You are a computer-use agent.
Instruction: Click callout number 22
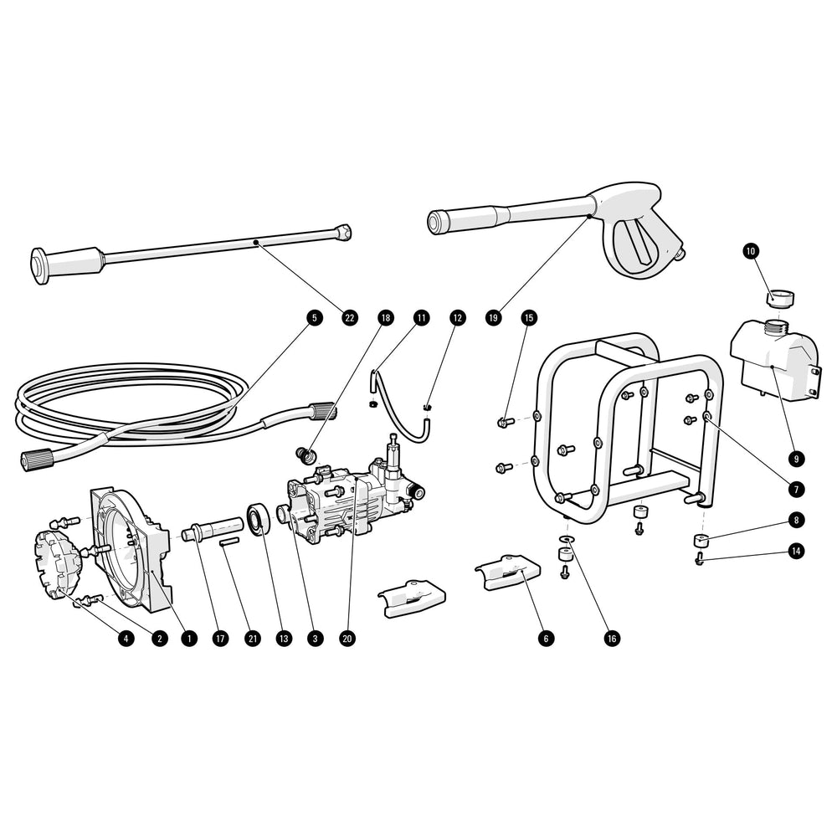tap(350, 318)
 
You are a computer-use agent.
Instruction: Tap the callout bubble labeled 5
tap(313, 318)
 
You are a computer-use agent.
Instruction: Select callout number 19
tap(493, 318)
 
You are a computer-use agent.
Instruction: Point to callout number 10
tap(751, 250)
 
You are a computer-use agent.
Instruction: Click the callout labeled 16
tap(612, 638)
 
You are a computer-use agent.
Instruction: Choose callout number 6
tap(547, 638)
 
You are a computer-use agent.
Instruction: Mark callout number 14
tap(796, 551)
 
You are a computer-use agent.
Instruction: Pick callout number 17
tap(220, 638)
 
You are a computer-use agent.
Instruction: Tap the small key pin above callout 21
tap(229, 543)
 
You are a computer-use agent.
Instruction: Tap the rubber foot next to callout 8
tap(700, 540)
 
